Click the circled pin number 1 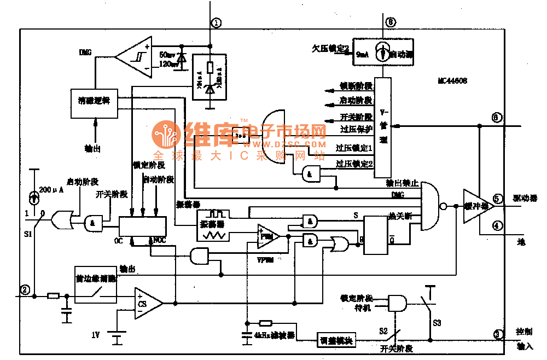[217, 23]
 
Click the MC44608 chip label [452, 80]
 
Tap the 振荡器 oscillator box [211, 225]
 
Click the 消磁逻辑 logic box [94, 102]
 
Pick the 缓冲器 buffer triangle [476, 206]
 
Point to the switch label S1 [28, 234]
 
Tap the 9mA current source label [362, 55]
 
